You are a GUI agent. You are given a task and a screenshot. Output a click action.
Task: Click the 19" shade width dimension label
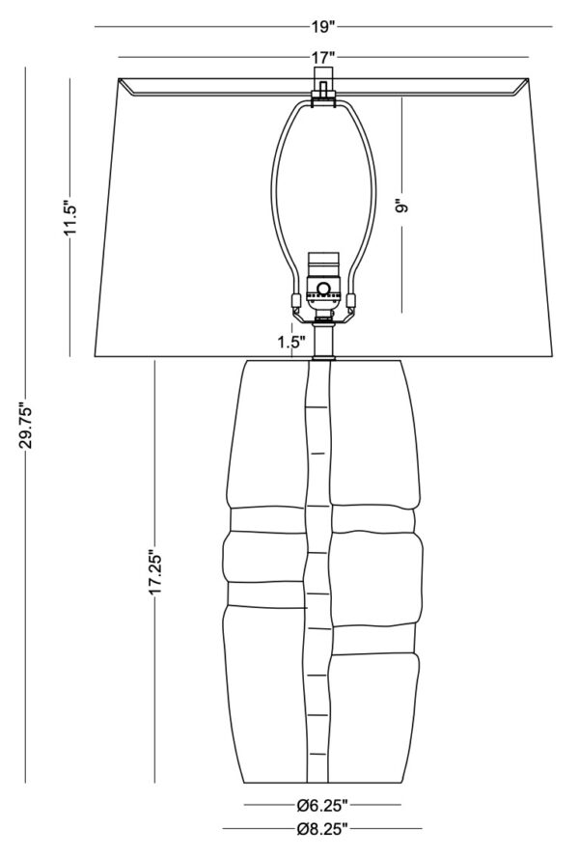coord(323,27)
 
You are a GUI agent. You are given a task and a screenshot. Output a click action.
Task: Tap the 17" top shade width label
coord(323,57)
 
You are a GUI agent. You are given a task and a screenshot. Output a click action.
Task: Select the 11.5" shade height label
coord(71,217)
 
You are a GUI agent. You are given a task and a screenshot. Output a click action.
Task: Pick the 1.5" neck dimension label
coord(291,343)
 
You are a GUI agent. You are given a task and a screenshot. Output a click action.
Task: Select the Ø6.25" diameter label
coord(322,804)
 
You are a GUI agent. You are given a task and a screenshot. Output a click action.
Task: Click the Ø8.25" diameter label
coord(322,829)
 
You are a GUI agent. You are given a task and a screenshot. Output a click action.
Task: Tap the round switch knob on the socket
coord(323,288)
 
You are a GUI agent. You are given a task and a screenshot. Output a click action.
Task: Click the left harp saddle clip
coord(296,301)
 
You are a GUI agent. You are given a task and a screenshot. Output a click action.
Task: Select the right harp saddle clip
coord(351,301)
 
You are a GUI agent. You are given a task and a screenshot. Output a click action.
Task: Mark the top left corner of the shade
coord(119,78)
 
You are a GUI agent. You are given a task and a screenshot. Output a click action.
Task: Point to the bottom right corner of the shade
coord(552,356)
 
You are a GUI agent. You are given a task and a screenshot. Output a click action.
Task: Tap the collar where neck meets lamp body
coord(323,359)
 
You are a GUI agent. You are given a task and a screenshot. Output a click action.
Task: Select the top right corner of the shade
coord(529,78)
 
